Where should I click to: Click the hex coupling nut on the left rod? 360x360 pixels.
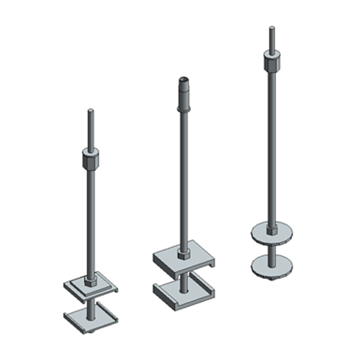point(91,158)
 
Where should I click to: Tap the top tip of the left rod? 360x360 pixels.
point(91,111)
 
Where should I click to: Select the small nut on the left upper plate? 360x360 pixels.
point(91,279)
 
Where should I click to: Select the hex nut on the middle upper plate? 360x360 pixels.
point(183,254)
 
